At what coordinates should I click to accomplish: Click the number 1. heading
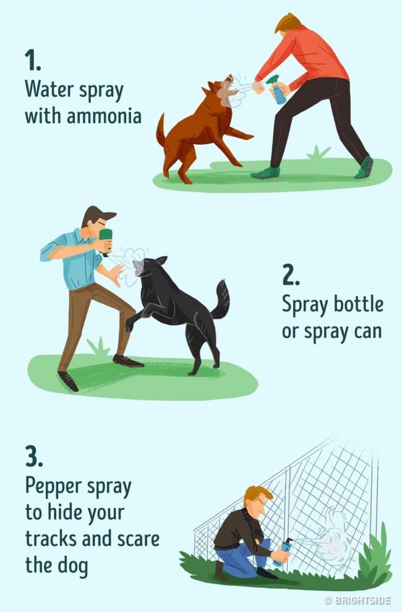point(33,60)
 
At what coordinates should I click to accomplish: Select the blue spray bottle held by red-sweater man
point(277,90)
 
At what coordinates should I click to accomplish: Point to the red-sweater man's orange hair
point(288,23)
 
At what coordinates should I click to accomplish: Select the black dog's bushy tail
point(221,299)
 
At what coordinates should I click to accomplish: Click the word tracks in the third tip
point(51,539)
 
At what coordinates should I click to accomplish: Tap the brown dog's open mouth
point(228,83)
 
